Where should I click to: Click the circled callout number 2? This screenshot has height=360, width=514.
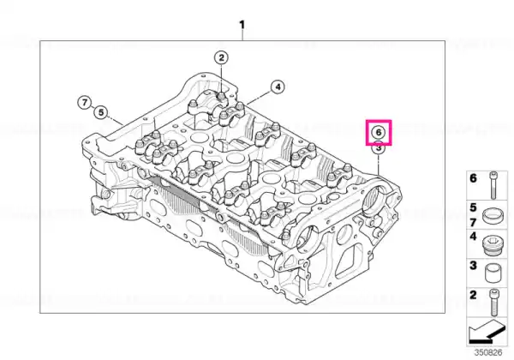tap(222, 57)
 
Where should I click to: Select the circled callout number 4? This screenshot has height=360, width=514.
tap(278, 87)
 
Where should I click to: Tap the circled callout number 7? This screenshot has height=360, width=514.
tap(85, 103)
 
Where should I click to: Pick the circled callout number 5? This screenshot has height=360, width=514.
tap(100, 112)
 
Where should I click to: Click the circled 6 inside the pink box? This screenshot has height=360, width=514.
tap(379, 132)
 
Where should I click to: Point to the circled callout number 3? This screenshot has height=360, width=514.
tap(379, 148)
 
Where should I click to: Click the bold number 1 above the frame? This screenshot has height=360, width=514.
tap(242, 25)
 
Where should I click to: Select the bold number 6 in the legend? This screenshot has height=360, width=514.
tap(473, 178)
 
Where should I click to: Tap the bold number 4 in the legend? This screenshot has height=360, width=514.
tap(473, 236)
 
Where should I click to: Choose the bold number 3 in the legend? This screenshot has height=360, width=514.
tap(473, 265)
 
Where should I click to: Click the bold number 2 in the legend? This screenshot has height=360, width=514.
tap(473, 295)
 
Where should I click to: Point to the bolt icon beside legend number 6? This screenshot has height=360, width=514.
tap(493, 185)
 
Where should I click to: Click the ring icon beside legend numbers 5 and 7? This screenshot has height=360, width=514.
tap(493, 215)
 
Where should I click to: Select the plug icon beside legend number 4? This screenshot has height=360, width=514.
tap(493, 244)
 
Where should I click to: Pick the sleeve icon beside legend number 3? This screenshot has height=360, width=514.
tap(493, 273)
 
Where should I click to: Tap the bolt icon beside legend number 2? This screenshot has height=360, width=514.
tap(493, 302)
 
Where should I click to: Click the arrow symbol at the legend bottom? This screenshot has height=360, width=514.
tap(486, 332)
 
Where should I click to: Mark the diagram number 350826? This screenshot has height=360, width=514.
tap(488, 352)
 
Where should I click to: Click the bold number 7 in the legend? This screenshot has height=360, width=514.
tap(473, 223)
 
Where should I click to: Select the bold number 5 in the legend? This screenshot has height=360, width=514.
tap(473, 207)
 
